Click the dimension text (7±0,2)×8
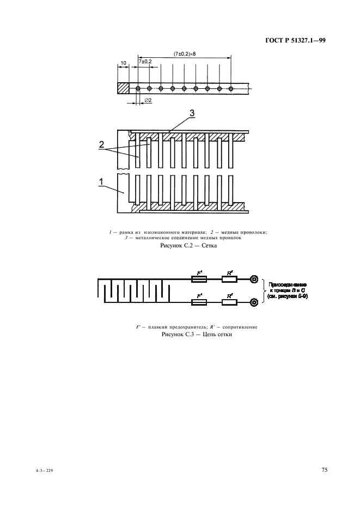click(x=185, y=54)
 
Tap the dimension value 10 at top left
click(x=124, y=63)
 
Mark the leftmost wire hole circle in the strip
click(x=138, y=88)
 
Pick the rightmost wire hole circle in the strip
click(x=231, y=88)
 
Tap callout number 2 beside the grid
click(x=101, y=144)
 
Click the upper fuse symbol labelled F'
click(x=199, y=280)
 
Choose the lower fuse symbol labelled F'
click(x=199, y=301)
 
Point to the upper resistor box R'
click(x=229, y=280)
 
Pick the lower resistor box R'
click(x=229, y=301)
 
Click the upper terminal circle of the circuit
click(x=254, y=280)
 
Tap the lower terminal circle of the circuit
click(x=254, y=301)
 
